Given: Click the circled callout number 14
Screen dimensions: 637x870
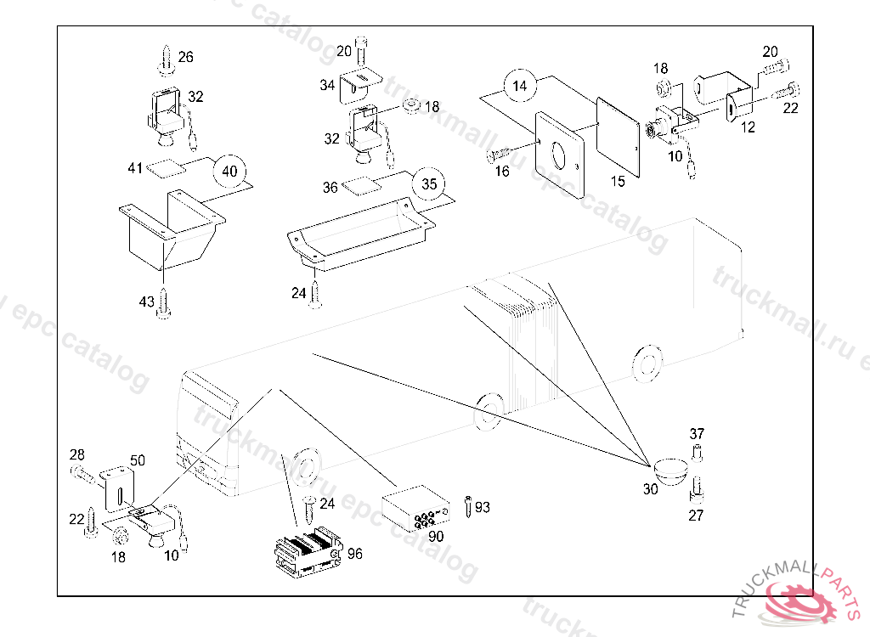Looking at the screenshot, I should (520, 86).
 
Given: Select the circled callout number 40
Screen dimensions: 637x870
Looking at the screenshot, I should (229, 171).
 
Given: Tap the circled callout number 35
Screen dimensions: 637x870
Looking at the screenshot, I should (429, 184).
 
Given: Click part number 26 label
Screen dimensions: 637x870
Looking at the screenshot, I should (186, 57).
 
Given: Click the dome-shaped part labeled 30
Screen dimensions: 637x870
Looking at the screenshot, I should (670, 471).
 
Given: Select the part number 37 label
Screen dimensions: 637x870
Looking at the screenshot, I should (697, 436).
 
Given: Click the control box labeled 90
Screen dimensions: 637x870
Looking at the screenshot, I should (414, 509).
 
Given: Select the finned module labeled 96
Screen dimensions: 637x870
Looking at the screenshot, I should (308, 550).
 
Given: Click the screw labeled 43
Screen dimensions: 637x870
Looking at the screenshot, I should (164, 303).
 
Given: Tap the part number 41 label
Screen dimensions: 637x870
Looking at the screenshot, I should (135, 168).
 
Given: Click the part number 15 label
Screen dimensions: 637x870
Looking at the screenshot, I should (618, 181).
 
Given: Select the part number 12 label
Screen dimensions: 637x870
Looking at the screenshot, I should (748, 127).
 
